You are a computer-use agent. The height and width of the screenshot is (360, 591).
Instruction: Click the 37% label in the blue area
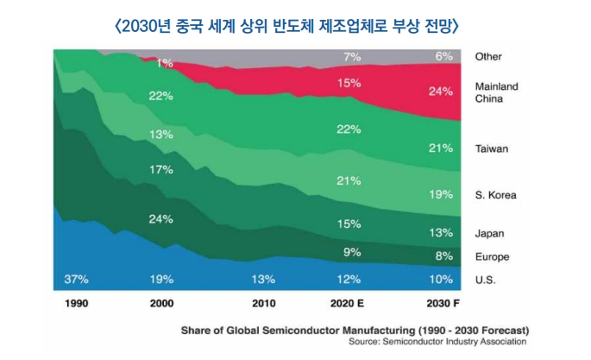pos(77,280)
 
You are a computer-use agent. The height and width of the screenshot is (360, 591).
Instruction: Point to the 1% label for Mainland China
pos(164,62)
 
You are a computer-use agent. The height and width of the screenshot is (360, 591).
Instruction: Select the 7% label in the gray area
pos(351,57)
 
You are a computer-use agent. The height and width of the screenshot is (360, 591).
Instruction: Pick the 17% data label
pos(160,169)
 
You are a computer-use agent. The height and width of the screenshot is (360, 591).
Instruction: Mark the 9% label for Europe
pos(351,252)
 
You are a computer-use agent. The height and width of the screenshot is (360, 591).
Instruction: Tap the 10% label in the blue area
pos(441,280)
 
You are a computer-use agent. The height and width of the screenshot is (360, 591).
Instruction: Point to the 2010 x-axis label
pos(263,305)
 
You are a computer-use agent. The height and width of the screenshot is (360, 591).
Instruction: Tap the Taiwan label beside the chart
pos(492,148)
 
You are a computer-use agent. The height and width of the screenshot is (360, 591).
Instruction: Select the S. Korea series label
pos(495,195)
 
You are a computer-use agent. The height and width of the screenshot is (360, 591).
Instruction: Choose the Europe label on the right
pos(492,256)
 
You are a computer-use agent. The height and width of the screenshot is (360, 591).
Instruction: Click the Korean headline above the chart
pos(286,26)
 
